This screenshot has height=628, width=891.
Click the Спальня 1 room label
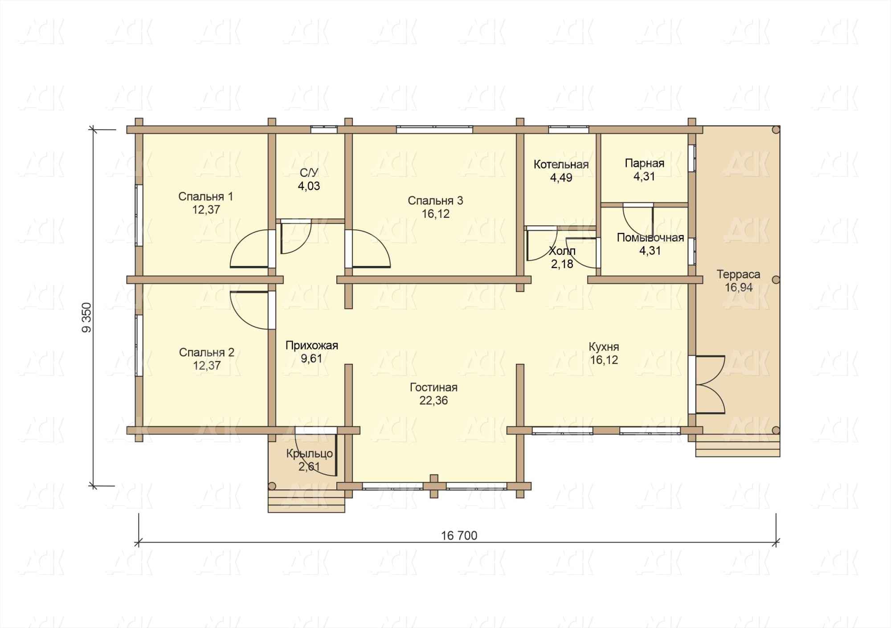(x=205, y=196)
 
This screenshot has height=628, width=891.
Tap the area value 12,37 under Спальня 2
(x=207, y=366)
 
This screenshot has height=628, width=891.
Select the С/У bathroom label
(x=309, y=173)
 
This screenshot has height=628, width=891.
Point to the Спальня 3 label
(x=435, y=201)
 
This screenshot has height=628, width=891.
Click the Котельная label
(x=561, y=164)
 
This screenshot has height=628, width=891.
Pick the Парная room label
(x=644, y=163)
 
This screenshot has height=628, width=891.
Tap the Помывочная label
(x=650, y=238)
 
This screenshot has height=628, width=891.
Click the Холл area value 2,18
(x=562, y=265)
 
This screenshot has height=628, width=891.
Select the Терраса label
(x=738, y=274)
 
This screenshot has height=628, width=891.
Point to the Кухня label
(x=604, y=347)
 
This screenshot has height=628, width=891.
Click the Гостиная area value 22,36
(x=433, y=401)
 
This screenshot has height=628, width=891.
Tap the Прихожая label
(x=312, y=346)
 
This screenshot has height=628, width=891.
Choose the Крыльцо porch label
(x=310, y=454)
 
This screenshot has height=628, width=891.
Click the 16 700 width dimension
(x=459, y=535)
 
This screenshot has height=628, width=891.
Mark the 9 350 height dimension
(x=86, y=317)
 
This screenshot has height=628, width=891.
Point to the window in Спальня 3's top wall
(x=434, y=130)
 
